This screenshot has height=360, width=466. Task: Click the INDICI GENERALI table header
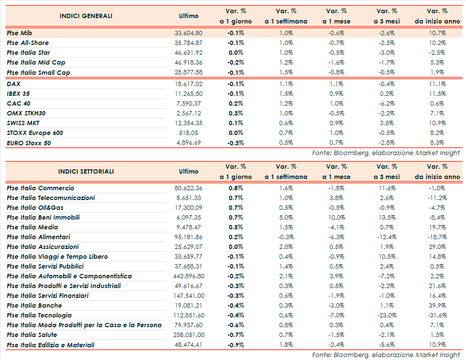point(86,16)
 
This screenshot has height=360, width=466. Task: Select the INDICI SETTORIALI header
point(86,172)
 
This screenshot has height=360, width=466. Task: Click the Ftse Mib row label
point(20,33)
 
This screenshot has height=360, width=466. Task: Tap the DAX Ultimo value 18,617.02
point(188,84)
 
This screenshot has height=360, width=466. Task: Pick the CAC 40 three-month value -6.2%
point(387,104)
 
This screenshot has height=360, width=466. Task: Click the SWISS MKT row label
point(23,123)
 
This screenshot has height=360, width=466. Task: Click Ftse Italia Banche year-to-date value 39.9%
point(437,306)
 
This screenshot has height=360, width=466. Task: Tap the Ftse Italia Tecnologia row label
point(39,315)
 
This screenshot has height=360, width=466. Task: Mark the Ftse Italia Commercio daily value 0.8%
point(236,188)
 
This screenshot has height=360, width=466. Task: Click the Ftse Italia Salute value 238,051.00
point(188,335)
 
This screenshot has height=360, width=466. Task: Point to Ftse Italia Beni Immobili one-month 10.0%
point(336,218)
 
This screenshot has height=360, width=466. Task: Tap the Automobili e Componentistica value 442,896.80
point(188,276)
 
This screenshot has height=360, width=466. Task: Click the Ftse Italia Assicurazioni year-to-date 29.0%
point(437,247)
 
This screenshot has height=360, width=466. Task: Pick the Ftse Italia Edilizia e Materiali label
point(50,345)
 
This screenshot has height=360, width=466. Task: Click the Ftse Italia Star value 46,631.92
point(188,53)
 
